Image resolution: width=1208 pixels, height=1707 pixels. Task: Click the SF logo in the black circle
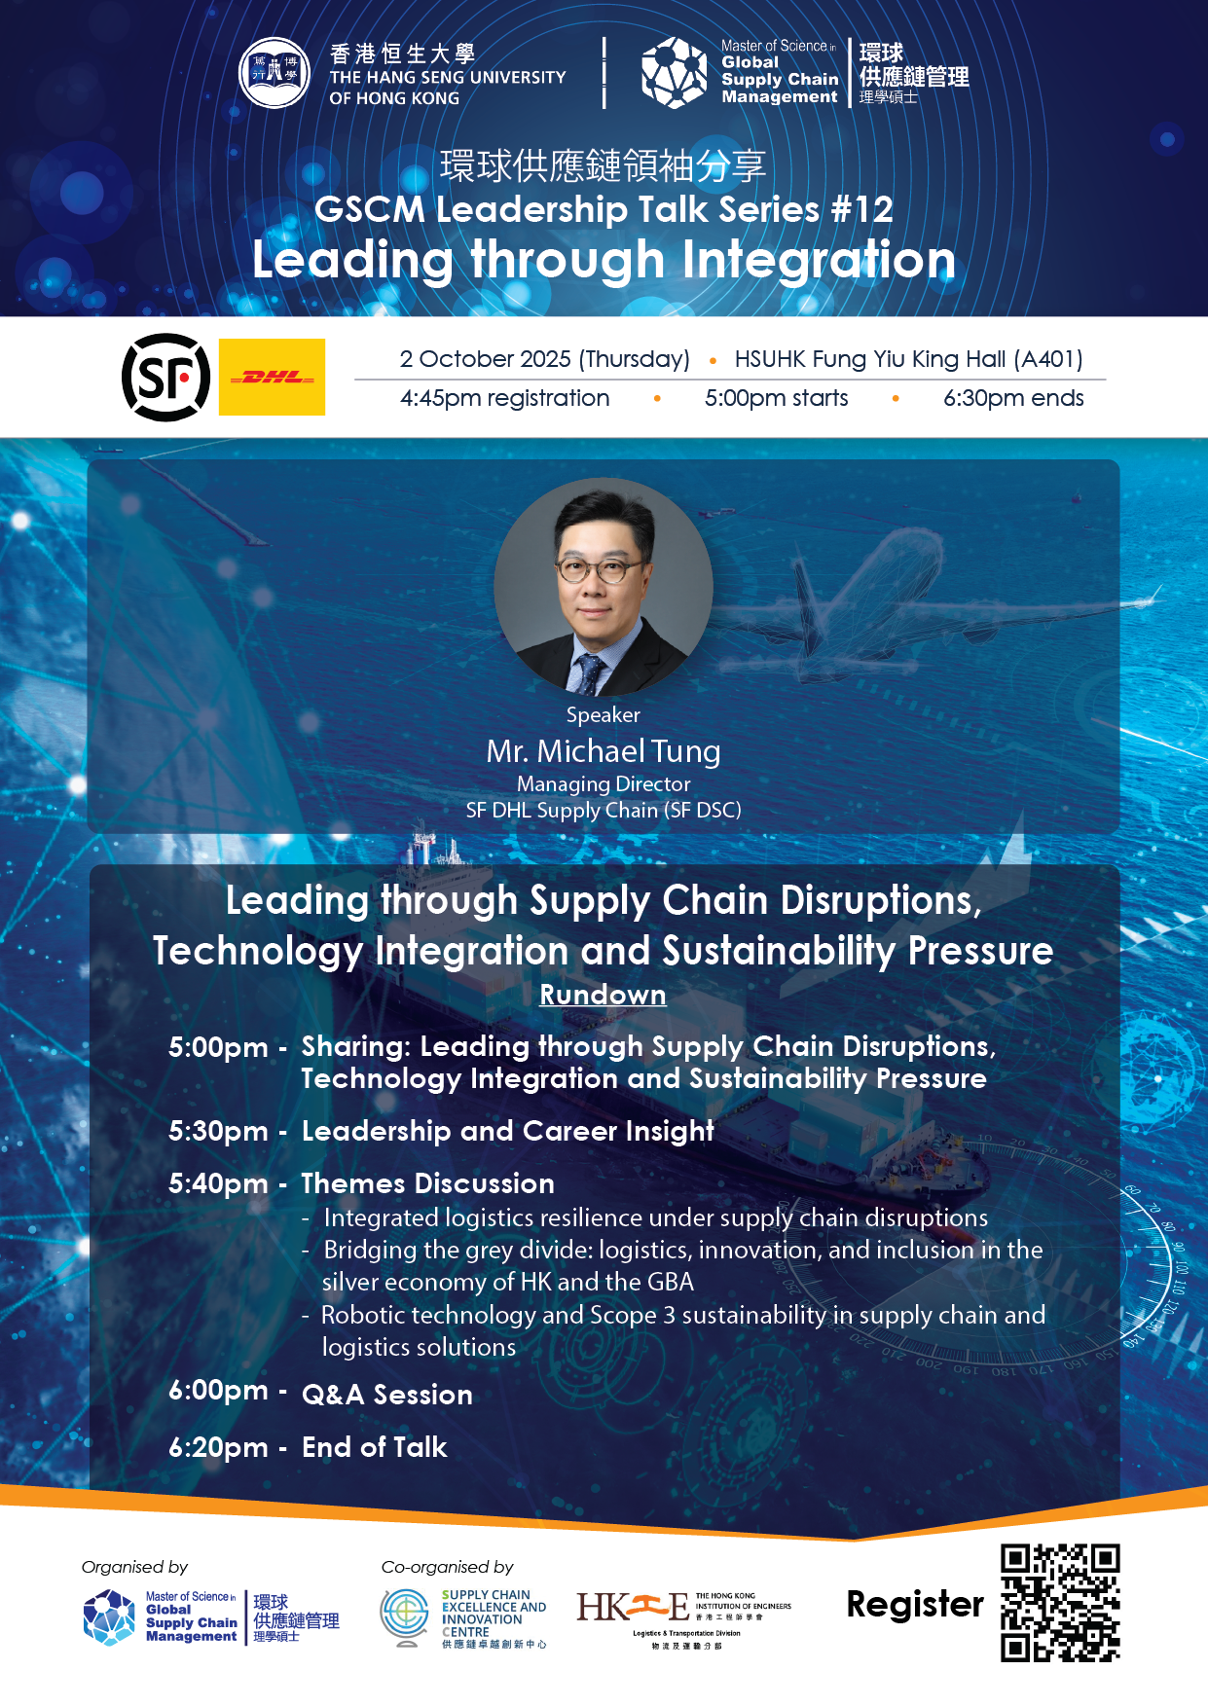tap(165, 378)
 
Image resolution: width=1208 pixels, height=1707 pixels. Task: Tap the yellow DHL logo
tap(272, 377)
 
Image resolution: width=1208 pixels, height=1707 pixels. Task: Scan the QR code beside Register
tap(1060, 1602)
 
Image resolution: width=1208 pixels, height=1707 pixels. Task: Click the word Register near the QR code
tap(915, 1604)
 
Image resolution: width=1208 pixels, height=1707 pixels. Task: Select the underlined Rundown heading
tap(604, 995)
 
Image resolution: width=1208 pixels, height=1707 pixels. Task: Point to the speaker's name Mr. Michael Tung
tap(604, 751)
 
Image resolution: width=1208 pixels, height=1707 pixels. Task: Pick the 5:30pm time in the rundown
tap(218, 1131)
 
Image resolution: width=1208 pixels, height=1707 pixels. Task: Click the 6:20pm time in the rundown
tap(218, 1447)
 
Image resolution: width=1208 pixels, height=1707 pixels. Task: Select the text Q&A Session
tap(387, 1395)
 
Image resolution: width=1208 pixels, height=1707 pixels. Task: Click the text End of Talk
tap(375, 1447)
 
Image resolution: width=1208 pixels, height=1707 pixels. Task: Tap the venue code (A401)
tap(1048, 359)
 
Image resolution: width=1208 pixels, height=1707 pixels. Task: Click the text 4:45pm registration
tap(504, 398)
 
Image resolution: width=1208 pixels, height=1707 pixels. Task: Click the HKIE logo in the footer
tap(683, 1618)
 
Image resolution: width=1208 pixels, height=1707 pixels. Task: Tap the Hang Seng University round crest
tap(275, 73)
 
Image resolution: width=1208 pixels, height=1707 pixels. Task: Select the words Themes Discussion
tap(428, 1183)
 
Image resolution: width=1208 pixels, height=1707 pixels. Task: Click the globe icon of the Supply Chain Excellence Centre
tap(405, 1616)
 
